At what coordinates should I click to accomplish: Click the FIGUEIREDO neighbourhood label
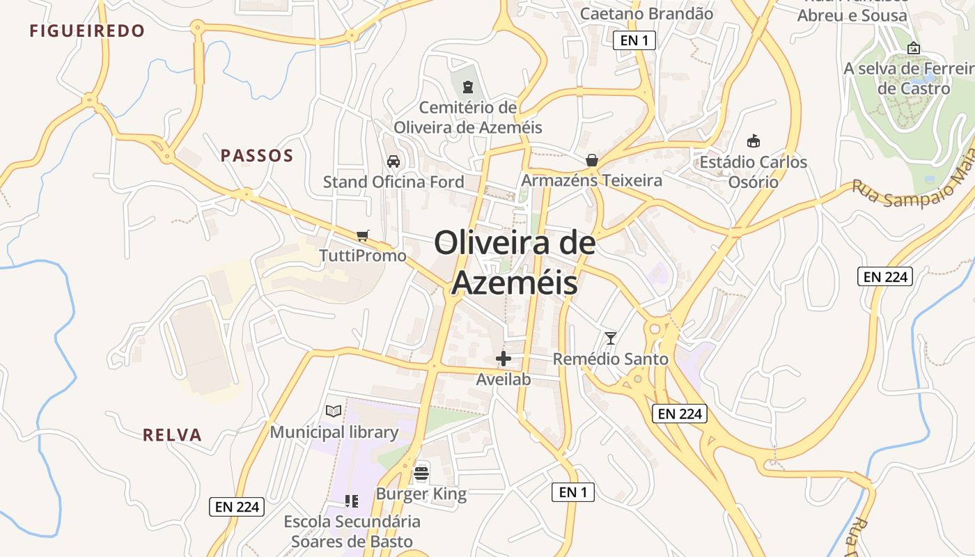[87, 31]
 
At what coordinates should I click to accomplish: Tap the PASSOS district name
[257, 155]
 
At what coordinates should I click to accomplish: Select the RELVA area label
[172, 435]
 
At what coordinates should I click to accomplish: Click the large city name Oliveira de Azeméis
[515, 263]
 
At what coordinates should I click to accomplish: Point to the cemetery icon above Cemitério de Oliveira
[467, 87]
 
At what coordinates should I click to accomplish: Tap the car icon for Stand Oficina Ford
[393, 162]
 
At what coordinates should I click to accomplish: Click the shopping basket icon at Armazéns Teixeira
[592, 160]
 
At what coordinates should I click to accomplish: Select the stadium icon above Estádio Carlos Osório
[753, 141]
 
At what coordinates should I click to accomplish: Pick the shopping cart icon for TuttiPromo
[362, 235]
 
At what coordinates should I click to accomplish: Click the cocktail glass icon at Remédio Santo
[611, 338]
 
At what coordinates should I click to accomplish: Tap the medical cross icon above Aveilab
[504, 359]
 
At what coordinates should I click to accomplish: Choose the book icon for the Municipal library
[334, 411]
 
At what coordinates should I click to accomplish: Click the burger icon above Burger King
[421, 473]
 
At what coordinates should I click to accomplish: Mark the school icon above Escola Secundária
[352, 501]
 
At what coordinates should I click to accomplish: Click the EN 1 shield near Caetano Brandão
[634, 40]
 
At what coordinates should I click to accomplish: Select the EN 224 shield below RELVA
[237, 507]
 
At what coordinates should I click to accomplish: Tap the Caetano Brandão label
[646, 13]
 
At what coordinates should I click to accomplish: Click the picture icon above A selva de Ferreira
[914, 48]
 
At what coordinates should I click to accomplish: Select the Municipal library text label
[334, 432]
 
